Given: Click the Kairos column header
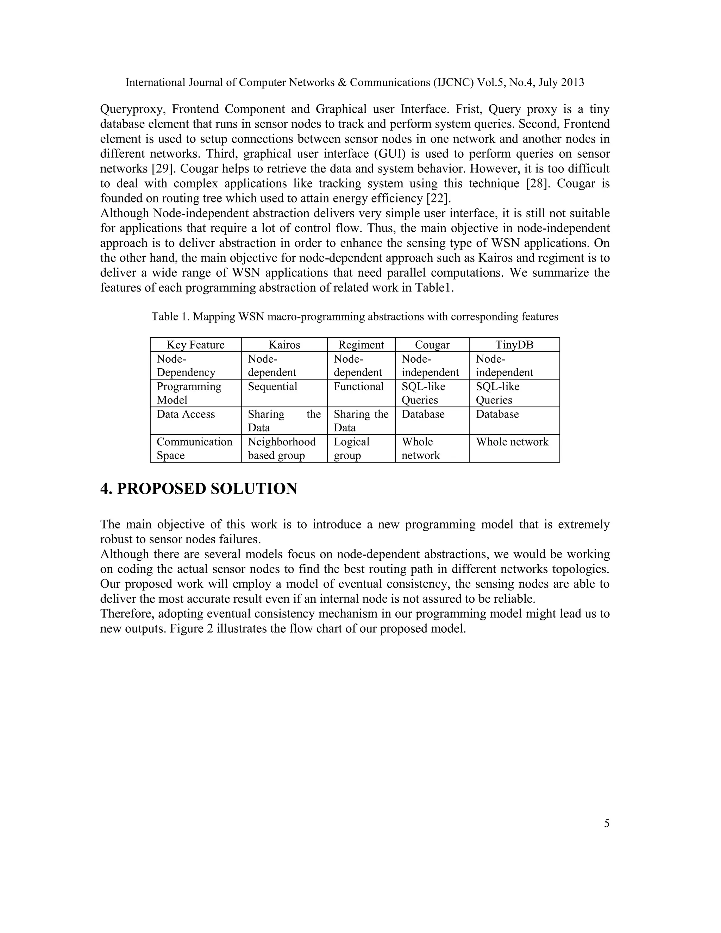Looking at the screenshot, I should coord(284,345).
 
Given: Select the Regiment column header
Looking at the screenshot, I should coord(361,345).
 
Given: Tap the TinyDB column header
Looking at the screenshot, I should coord(514,345).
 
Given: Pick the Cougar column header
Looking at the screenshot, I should coord(432,345).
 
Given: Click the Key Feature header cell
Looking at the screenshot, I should coord(196,345).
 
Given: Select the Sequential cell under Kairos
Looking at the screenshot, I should coord(272,387).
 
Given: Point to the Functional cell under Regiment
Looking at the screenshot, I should coord(359,387).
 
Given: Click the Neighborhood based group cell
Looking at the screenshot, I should coord(282,449).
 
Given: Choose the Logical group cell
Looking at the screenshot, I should coord(352,449).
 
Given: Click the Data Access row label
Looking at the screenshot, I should coord(186,414).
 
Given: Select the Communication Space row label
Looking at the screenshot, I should coord(194,449).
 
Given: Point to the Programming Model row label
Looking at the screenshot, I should coord(189,393).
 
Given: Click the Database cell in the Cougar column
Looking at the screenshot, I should coord(423,414).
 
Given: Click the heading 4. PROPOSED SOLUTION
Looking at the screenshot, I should coord(199,489).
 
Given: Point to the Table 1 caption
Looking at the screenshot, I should coord(355,317).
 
